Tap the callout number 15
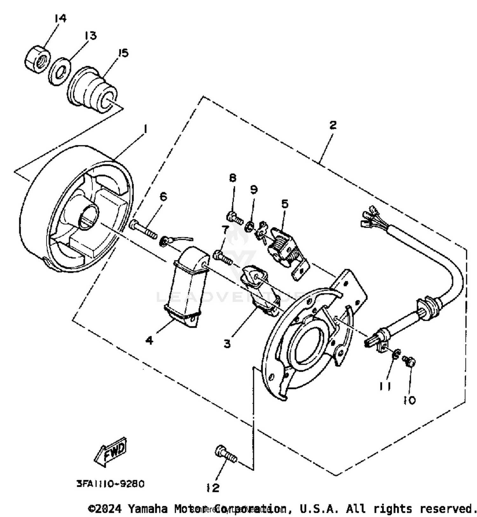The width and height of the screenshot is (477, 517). pyautogui.click(x=122, y=53)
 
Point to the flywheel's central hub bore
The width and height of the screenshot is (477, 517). pyautogui.click(x=88, y=217)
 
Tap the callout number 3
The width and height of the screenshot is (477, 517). pyautogui.click(x=227, y=344)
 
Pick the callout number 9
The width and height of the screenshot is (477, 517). pyautogui.click(x=253, y=190)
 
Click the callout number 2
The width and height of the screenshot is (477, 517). pyautogui.click(x=332, y=125)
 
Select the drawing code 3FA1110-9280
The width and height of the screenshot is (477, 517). pyautogui.click(x=110, y=484)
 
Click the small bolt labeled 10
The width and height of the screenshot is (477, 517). pyautogui.click(x=409, y=362)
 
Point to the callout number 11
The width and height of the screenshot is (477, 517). pyautogui.click(x=385, y=386)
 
